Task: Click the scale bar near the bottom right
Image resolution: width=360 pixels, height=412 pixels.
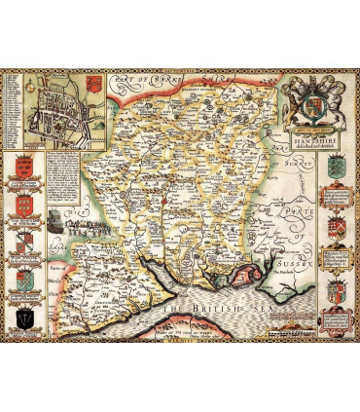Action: click(x=292, y=318)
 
